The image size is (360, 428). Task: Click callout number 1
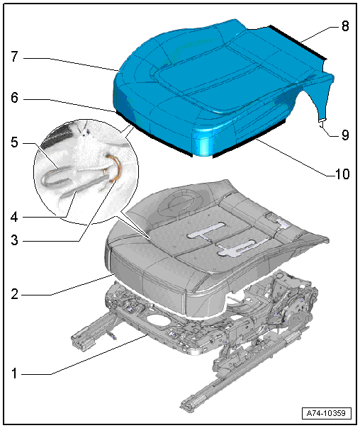[14, 373]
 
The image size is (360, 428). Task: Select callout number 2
[14, 294]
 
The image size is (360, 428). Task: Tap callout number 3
[14, 240]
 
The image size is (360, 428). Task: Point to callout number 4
[14, 218]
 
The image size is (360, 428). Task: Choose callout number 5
[14, 142]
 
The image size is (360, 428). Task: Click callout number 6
[14, 98]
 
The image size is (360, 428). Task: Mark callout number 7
[14, 57]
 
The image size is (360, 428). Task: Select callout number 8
[345, 26]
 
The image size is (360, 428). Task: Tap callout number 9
[345, 135]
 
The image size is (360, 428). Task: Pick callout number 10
[342, 174]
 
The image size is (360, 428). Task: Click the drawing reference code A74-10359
[326, 413]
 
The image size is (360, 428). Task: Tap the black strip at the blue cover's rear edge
[298, 43]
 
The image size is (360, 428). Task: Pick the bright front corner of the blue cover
[203, 142]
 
